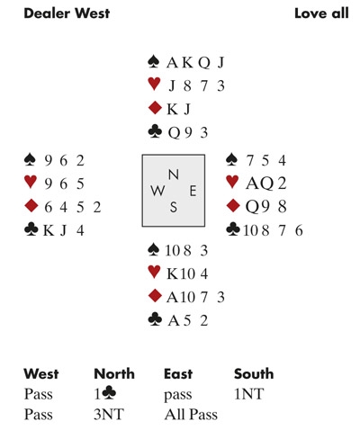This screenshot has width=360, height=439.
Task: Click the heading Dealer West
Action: pyautogui.click(x=67, y=13)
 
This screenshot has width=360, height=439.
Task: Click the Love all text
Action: pyautogui.click(x=321, y=13)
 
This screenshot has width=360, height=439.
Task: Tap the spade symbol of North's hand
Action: pyautogui.click(x=154, y=61)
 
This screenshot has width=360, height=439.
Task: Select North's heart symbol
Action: pyautogui.click(x=154, y=85)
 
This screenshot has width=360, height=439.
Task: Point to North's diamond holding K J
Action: pyautogui.click(x=179, y=109)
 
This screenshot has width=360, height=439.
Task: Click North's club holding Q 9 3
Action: pyautogui.click(x=188, y=132)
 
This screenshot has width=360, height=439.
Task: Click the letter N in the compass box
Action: pyautogui.click(x=174, y=175)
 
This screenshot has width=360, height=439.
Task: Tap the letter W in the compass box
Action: pyautogui.click(x=157, y=191)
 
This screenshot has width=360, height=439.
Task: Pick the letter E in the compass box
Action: pyautogui.click(x=193, y=191)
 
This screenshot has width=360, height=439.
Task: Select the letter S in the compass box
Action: pyautogui.click(x=174, y=207)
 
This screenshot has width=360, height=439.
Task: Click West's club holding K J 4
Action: pyautogui.click(x=63, y=230)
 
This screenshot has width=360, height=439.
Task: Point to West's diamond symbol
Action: pyautogui.click(x=31, y=206)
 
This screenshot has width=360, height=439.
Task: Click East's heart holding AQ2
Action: pyautogui.click(x=265, y=184)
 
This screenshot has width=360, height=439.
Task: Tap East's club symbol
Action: pyautogui.click(x=233, y=229)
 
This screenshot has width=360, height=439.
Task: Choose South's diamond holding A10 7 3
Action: pyautogui.click(x=195, y=297)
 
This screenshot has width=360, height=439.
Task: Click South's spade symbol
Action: pyautogui.click(x=154, y=250)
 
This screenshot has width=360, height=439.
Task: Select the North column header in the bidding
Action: pyautogui.click(x=114, y=374)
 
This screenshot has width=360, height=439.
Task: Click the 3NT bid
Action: pyautogui.click(x=109, y=415)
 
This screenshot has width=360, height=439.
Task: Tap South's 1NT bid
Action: pyautogui.click(x=249, y=394)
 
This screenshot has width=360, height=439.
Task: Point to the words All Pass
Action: pyautogui.click(x=191, y=415)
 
